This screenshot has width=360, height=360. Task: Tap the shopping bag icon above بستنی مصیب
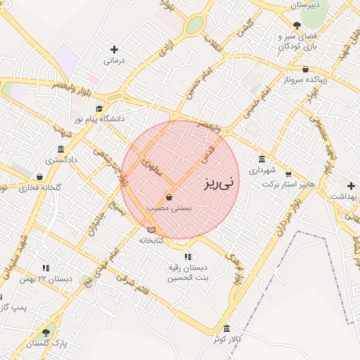pyautogui.click(x=169, y=197)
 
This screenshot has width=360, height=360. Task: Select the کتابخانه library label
pyautogui.click(x=150, y=240)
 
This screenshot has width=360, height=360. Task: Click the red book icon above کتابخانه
pyautogui.click(x=150, y=230)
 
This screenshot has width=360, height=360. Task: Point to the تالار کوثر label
pyautogui.click(x=227, y=340)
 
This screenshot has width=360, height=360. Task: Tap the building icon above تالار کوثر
pyautogui.click(x=226, y=329)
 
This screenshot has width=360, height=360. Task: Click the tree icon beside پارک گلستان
pyautogui.click(x=46, y=333)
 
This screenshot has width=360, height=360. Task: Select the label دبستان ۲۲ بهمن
pyautogui.click(x=48, y=279)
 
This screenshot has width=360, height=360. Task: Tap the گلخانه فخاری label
pyautogui.click(x=39, y=188)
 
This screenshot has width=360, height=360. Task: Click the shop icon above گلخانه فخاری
pyautogui.click(x=39, y=176)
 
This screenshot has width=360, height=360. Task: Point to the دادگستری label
pyautogui.click(x=60, y=160)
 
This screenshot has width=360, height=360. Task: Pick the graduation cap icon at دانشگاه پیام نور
pyautogui.click(x=99, y=109)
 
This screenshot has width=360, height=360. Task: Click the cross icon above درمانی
pyautogui.click(x=114, y=49)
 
